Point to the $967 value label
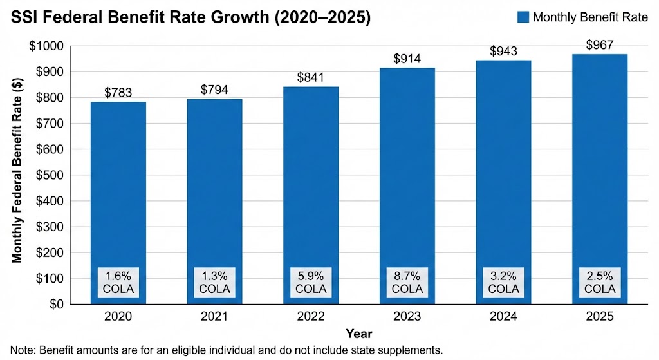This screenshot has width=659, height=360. click(600, 45)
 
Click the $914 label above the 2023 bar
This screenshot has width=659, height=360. click(407, 59)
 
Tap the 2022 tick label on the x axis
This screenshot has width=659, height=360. click(310, 317)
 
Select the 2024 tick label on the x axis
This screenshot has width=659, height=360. click(503, 317)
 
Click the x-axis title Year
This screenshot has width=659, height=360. click(358, 334)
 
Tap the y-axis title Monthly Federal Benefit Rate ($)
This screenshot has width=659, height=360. click(17, 175)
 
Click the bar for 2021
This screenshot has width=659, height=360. click(214, 193)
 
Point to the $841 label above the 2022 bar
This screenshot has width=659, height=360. click(310, 77)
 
